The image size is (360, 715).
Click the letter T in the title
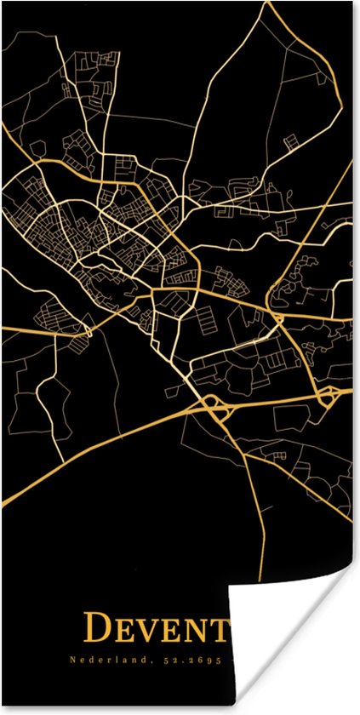(224, 630)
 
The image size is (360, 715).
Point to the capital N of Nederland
(71, 660)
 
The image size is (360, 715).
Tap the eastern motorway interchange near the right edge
(327, 395)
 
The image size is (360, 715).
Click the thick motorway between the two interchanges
(272, 402)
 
